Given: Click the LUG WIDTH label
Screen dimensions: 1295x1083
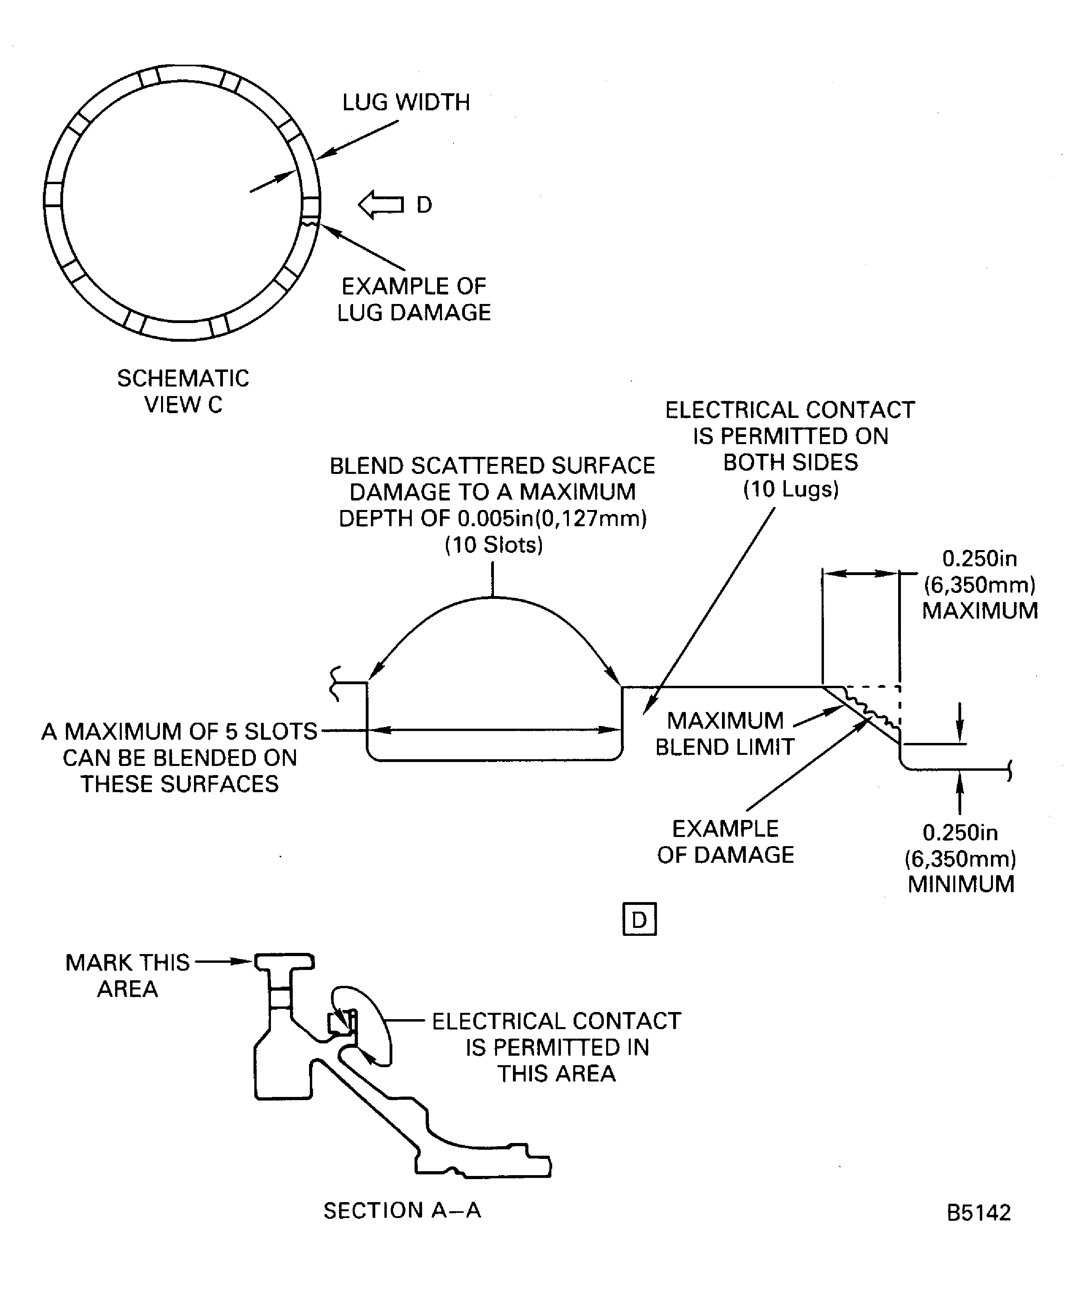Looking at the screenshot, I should [405, 102].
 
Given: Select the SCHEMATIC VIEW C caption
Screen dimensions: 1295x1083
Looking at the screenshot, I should [183, 391].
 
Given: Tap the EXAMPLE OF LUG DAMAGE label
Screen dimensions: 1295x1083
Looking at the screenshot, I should [414, 300].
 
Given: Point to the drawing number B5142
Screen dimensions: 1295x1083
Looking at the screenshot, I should [978, 1213].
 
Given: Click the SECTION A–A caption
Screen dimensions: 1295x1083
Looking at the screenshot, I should [402, 1210].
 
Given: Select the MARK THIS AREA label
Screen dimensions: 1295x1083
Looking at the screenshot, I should [128, 976].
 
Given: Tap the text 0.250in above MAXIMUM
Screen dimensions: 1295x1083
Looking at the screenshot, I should [979, 559].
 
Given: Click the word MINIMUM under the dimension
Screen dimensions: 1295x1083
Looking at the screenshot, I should [961, 884].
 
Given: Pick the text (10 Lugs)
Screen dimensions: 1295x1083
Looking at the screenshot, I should [791, 489].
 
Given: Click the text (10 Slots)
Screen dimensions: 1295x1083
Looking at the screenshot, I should [494, 545].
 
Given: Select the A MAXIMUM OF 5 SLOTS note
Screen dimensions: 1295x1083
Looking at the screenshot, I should [179, 757].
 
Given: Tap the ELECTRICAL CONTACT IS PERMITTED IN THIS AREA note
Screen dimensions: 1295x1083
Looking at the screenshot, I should [556, 1047].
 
